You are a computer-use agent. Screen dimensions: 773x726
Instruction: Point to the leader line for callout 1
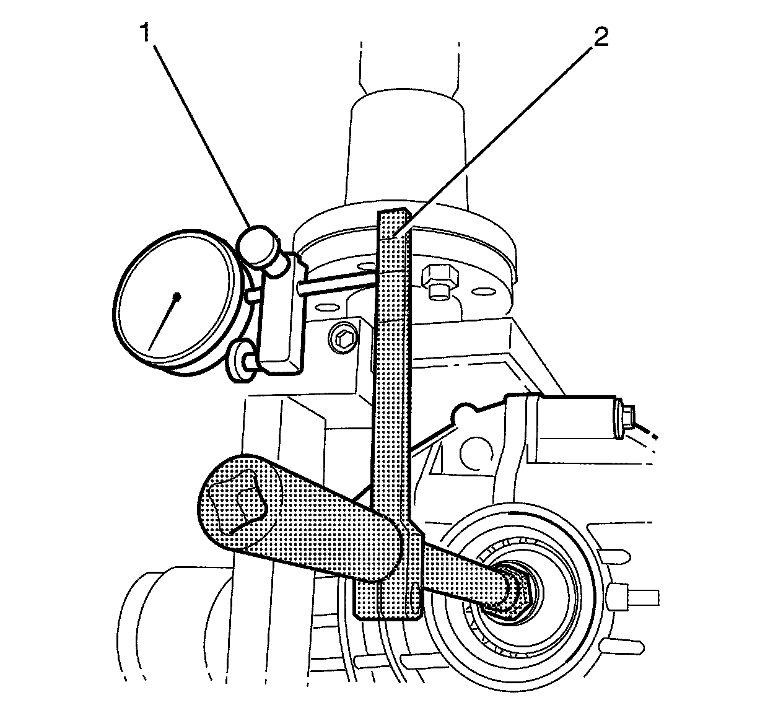[x=198, y=130]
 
